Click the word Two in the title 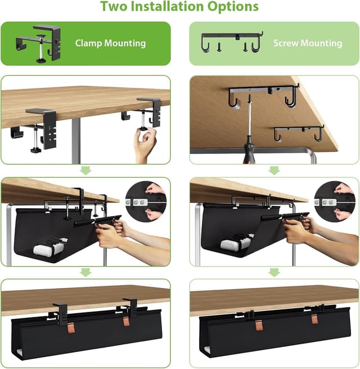click(x=114, y=6)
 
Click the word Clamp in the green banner click(x=88, y=44)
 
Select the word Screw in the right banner click(x=286, y=43)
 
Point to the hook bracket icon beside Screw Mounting click(x=232, y=42)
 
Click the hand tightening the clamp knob click(x=145, y=144)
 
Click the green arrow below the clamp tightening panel click(x=86, y=170)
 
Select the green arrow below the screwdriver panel click(x=274, y=170)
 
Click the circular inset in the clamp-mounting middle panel click(x=146, y=201)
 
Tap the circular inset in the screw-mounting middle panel click(x=335, y=201)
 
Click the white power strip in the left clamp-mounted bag click(x=50, y=246)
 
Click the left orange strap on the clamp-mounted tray click(x=71, y=328)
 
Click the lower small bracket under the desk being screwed click(x=299, y=132)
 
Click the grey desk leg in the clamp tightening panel click(x=76, y=141)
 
